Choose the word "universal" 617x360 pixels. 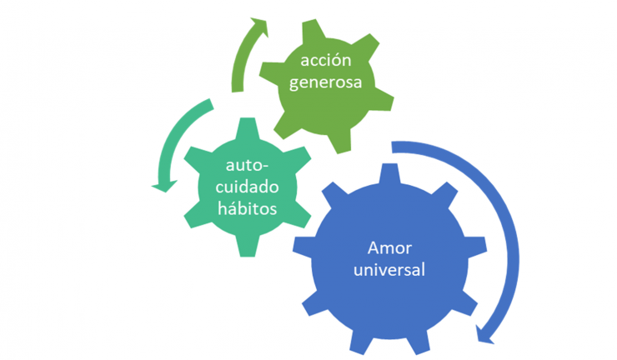click(x=390, y=270)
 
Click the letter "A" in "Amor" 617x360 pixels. click(x=372, y=248)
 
